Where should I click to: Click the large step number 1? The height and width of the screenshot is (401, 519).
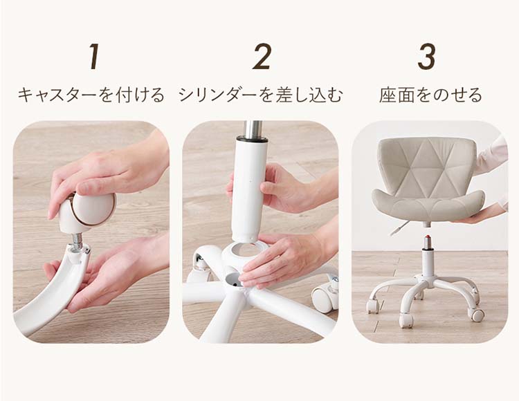click(95, 57)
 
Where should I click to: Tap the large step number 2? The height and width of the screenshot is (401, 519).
click(262, 57)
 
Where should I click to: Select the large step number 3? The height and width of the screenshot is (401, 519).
click(426, 57)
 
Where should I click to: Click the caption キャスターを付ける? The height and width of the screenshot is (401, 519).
click(91, 95)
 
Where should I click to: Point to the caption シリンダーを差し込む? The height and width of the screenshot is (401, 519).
click(261, 95)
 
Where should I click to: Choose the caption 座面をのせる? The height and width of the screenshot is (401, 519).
click(430, 95)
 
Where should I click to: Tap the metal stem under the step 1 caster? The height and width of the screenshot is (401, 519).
click(77, 239)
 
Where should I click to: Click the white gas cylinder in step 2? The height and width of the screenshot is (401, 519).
click(249, 189)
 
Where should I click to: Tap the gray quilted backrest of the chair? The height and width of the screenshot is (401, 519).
click(427, 165)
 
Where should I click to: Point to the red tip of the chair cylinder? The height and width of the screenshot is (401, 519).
click(428, 237)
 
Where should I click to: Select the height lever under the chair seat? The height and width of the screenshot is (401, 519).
click(399, 229)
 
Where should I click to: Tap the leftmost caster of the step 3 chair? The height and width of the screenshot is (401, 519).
click(372, 306)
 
